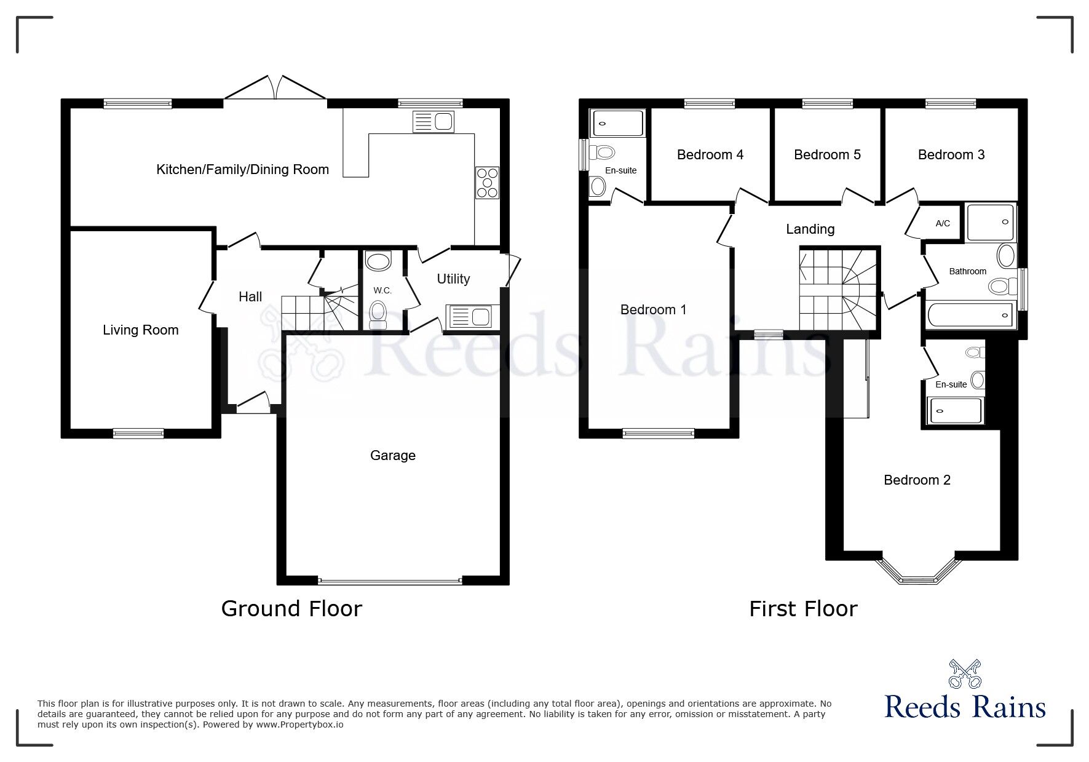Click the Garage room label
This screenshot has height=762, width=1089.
(x=392, y=456)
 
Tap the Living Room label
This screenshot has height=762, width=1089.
(x=140, y=330)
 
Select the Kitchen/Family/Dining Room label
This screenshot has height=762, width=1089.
(x=242, y=170)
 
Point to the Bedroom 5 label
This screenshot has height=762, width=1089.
(x=827, y=155)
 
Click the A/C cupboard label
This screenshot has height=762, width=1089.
(x=943, y=223)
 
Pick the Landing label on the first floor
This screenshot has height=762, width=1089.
(x=810, y=229)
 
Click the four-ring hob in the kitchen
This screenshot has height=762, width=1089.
(x=486, y=183)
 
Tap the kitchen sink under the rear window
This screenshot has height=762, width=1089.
(x=434, y=121)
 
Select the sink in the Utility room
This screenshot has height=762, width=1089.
(x=471, y=317)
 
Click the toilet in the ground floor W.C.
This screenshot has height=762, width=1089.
(x=378, y=314)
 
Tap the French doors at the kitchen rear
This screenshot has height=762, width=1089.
(x=275, y=89)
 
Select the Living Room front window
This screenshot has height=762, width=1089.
(x=138, y=434)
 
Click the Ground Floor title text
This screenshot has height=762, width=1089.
(x=291, y=609)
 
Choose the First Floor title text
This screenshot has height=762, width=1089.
(x=802, y=609)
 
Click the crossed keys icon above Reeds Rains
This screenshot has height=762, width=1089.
(x=965, y=674)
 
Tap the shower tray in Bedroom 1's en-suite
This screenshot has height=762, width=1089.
(x=617, y=123)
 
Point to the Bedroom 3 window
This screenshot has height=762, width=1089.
(x=950, y=103)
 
